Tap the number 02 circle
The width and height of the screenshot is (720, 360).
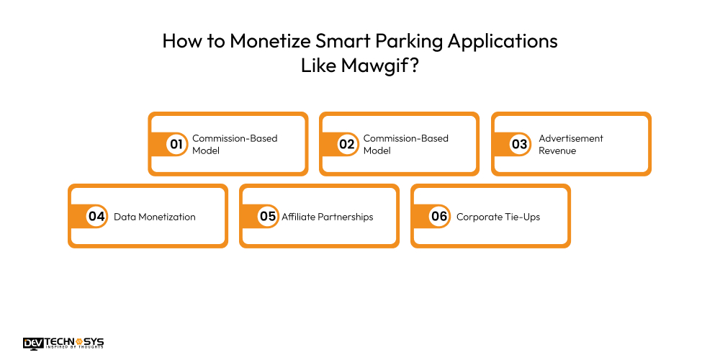(x=347, y=144)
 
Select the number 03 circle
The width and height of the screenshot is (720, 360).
(x=519, y=144)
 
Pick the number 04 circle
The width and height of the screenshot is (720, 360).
(x=96, y=216)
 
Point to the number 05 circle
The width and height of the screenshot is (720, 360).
(x=268, y=216)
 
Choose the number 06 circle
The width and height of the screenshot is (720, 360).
(x=439, y=216)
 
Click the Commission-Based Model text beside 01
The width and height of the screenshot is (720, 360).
(x=234, y=144)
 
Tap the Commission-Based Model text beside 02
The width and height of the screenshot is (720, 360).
(x=405, y=144)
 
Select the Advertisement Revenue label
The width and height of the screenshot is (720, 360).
(x=571, y=144)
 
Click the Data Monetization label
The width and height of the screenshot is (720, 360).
(x=155, y=217)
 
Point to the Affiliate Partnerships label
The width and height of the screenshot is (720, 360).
(x=328, y=217)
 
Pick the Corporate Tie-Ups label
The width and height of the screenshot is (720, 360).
(x=498, y=217)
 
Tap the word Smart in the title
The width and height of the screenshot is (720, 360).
(x=338, y=41)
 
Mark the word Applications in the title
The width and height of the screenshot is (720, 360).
(x=503, y=41)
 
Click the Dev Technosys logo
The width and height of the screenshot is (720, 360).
(x=63, y=343)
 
